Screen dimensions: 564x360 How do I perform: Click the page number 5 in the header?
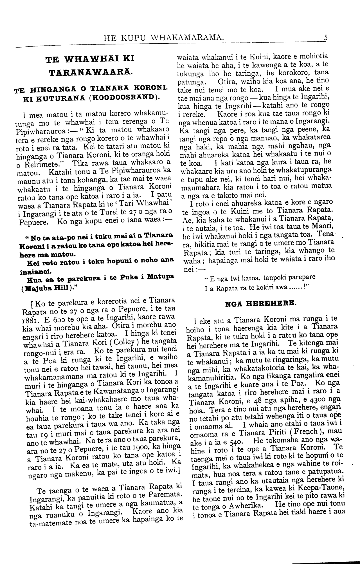click(x=326, y=37)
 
